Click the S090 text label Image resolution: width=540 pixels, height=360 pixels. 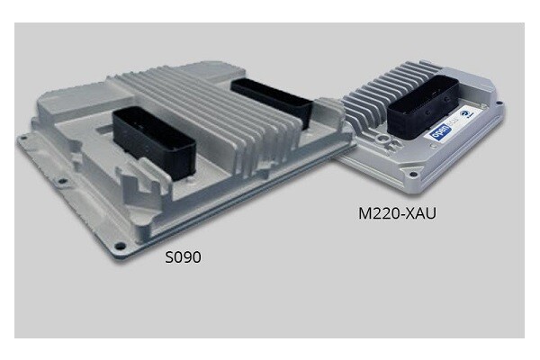tap(182, 256)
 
